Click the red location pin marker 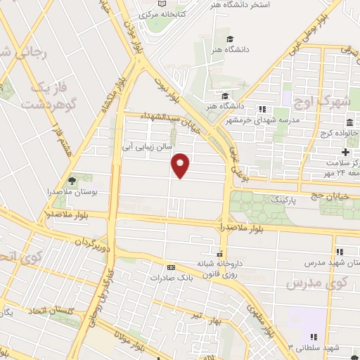181,165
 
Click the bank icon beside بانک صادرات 169,267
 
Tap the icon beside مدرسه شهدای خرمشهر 262,109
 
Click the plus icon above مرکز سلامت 345,153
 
